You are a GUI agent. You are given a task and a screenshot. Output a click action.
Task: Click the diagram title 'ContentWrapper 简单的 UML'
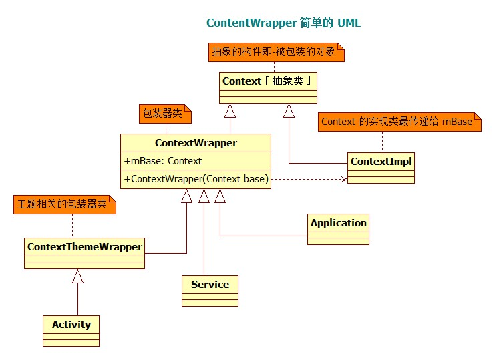point(283,23)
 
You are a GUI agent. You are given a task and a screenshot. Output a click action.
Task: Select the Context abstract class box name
point(268,81)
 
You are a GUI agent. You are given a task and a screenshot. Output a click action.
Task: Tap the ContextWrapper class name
point(196,142)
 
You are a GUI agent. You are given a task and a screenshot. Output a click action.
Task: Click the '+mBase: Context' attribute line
point(163,161)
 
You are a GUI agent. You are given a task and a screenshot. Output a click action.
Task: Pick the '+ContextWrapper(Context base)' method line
point(196,179)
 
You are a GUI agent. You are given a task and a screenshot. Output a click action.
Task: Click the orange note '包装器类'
point(163,114)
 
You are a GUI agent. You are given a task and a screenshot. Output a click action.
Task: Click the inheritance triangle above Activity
point(78,275)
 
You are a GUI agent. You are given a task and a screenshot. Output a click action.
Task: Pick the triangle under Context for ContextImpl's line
point(289,111)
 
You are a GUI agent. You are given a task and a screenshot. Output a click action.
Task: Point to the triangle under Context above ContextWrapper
point(230,111)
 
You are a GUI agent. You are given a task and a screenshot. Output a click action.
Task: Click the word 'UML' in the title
point(349,23)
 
